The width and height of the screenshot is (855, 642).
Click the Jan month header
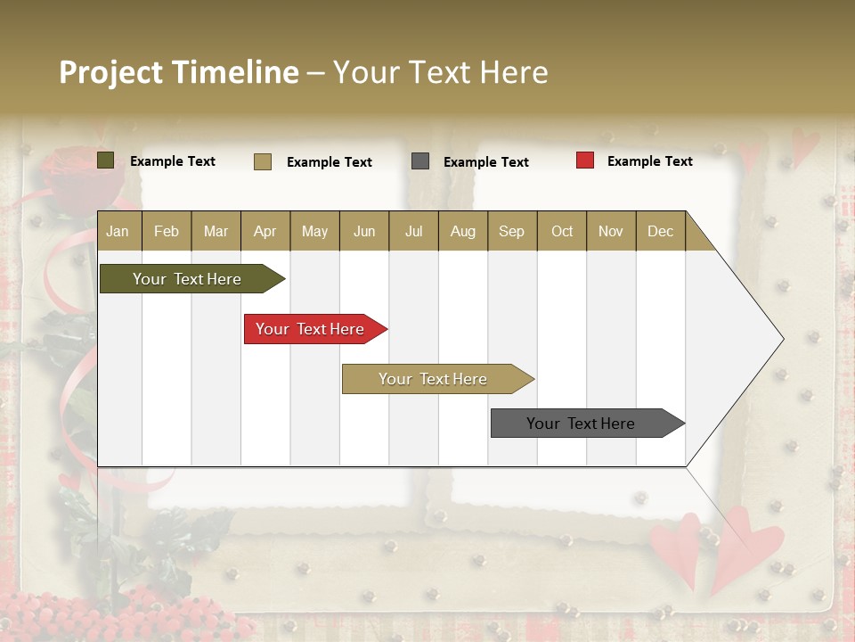pyautogui.click(x=118, y=231)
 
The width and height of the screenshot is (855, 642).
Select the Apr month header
pyautogui.click(x=265, y=231)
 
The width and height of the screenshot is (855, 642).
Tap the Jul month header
pyautogui.click(x=413, y=231)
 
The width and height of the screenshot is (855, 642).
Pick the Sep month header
pyautogui.click(x=511, y=231)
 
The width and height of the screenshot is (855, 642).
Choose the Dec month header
pyautogui.click(x=660, y=231)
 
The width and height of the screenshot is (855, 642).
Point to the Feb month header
pyautogui.click(x=167, y=231)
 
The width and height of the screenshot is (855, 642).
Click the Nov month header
pyautogui.click(x=611, y=231)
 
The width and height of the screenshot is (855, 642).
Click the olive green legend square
pyautogui.click(x=106, y=160)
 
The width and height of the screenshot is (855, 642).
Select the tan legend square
pyautogui.click(x=263, y=161)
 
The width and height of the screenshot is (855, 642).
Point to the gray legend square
pyautogui.click(x=420, y=161)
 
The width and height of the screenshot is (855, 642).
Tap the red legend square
pyautogui.click(x=585, y=160)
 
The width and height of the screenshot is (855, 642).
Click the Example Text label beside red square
pyautogui.click(x=649, y=161)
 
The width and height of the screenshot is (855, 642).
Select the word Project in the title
pyautogui.click(x=110, y=72)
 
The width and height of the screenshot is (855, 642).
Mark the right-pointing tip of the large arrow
pyautogui.click(x=782, y=339)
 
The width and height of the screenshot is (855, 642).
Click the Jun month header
pyautogui.click(x=364, y=231)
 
